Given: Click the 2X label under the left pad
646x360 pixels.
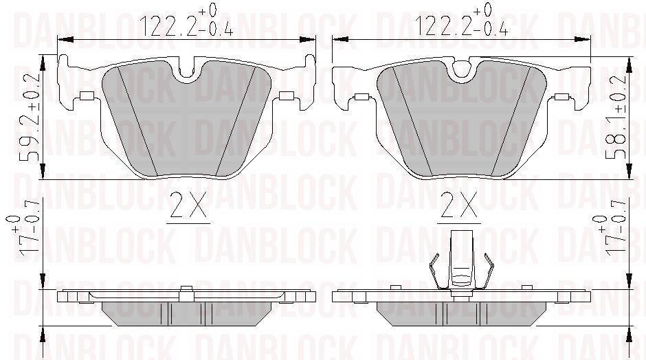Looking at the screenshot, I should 188,205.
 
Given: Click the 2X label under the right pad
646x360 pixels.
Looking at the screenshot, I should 459,205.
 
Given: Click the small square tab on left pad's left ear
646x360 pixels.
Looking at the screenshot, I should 87,95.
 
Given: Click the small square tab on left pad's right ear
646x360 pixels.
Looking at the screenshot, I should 286,95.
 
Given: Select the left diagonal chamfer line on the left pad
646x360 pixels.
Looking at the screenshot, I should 136,120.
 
